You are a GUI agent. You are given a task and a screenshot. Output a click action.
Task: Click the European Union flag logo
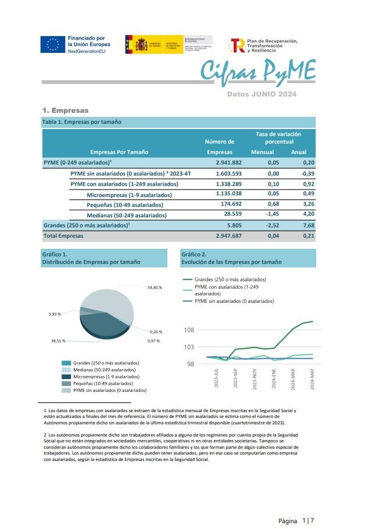point(53,45)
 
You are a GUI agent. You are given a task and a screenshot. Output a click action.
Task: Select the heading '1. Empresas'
point(65,110)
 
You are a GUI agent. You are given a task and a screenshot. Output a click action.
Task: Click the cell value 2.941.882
point(228,163)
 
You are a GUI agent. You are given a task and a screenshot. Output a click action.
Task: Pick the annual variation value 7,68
point(308,225)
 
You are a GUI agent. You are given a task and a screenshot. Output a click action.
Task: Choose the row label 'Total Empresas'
point(63,236)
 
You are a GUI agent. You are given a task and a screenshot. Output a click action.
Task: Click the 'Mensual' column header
point(262,152)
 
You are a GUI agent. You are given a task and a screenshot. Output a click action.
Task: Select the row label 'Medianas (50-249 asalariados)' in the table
point(126,215)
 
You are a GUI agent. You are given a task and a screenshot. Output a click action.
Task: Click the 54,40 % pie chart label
point(155,287)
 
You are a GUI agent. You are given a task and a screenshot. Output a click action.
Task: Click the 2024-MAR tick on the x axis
point(293,379)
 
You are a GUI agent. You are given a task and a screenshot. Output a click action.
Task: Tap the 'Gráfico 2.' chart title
point(194,254)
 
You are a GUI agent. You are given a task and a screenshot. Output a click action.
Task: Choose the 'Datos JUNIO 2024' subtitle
point(262,94)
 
